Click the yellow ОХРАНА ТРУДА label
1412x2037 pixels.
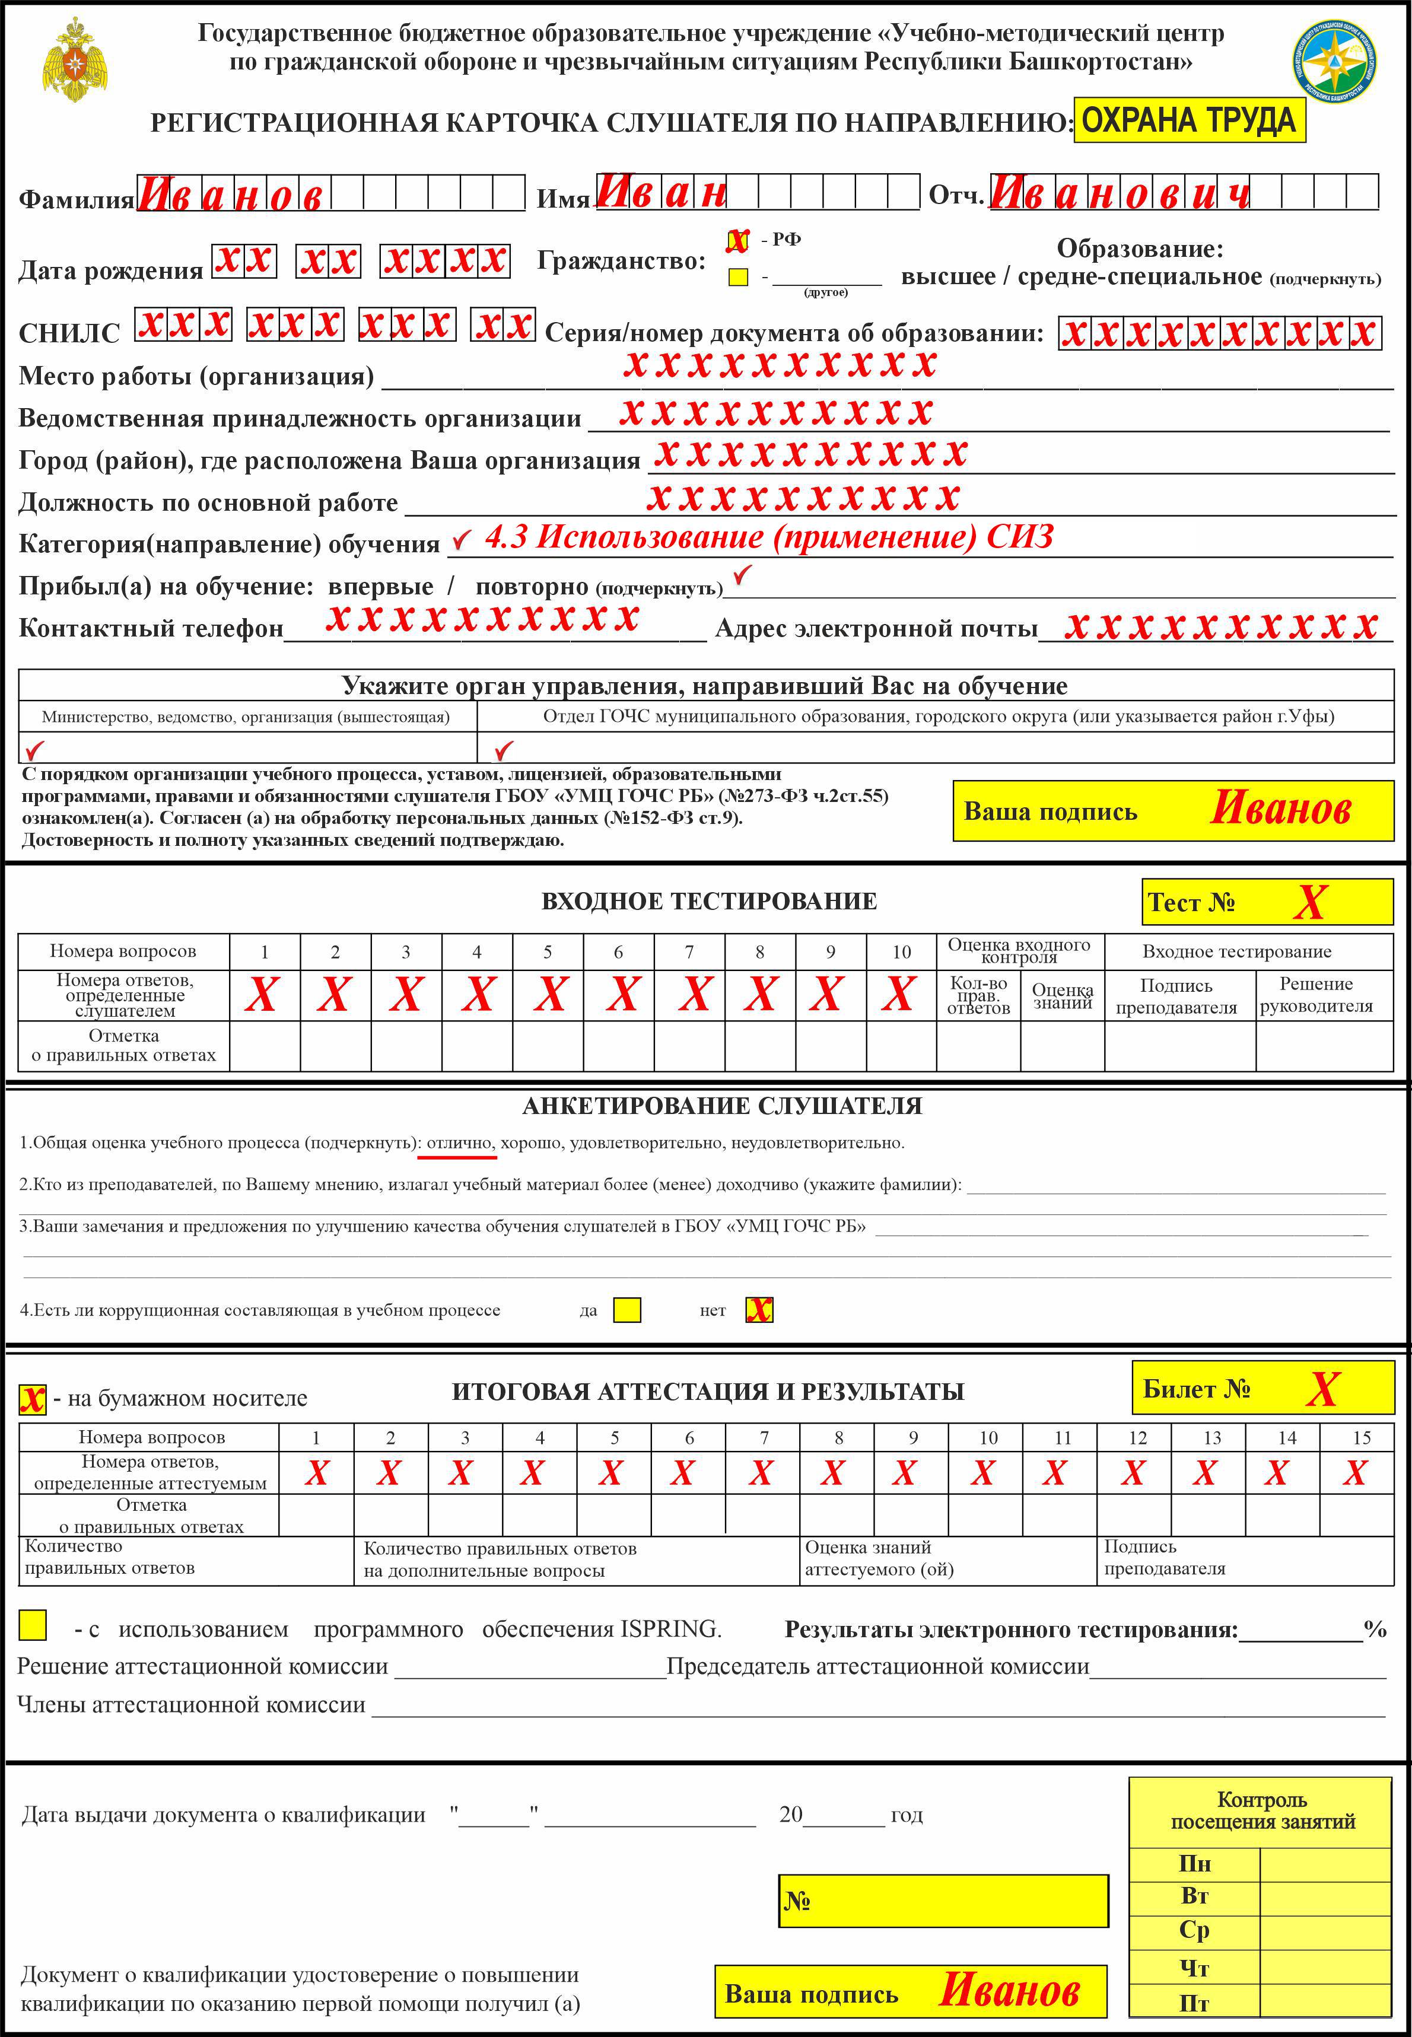[x=1188, y=120]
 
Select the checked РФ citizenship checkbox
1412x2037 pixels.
[x=737, y=240]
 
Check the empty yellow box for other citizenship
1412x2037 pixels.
[x=738, y=277]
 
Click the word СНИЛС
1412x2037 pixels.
[x=69, y=333]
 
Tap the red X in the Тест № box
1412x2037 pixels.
[x=1309, y=902]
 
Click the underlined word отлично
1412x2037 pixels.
[x=459, y=1142]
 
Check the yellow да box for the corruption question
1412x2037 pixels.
[x=627, y=1310]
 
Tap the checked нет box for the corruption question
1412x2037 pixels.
[x=759, y=1310]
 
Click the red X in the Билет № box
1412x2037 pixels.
[x=1322, y=1389]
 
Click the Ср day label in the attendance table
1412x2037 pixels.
[x=1194, y=1930]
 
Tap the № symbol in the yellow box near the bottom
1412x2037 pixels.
[x=797, y=1900]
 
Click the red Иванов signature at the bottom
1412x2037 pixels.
[x=1009, y=1990]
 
